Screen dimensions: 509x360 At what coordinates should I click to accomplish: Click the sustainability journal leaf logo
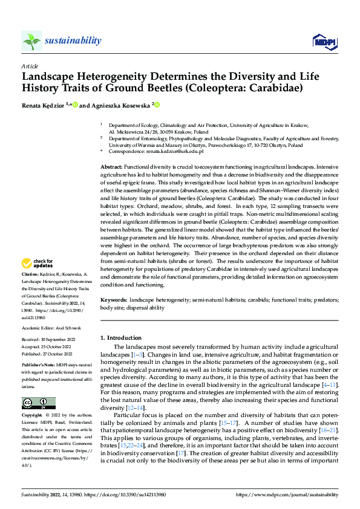click(31, 41)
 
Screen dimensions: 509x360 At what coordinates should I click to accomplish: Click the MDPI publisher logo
click(324, 41)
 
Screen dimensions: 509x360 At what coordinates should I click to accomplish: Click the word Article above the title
click(30, 66)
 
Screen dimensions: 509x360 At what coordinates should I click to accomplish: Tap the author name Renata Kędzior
click(45, 105)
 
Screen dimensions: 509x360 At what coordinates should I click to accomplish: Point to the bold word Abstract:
click(111, 165)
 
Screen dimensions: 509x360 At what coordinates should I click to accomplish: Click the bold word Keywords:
click(114, 300)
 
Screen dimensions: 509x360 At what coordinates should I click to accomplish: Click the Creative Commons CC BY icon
click(38, 403)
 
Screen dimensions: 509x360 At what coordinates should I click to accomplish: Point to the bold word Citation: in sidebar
click(31, 291)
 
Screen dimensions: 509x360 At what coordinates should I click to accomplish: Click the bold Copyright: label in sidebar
click(32, 416)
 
